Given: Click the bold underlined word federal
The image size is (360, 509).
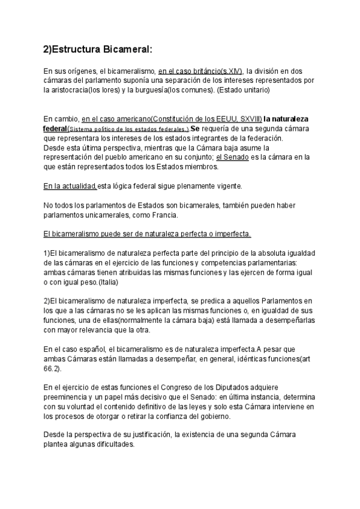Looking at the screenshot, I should pyautogui.click(x=55, y=128).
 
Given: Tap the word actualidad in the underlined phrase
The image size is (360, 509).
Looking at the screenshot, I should pyautogui.click(x=77, y=185).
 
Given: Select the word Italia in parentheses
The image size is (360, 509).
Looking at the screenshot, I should pyautogui.click(x=107, y=282).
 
